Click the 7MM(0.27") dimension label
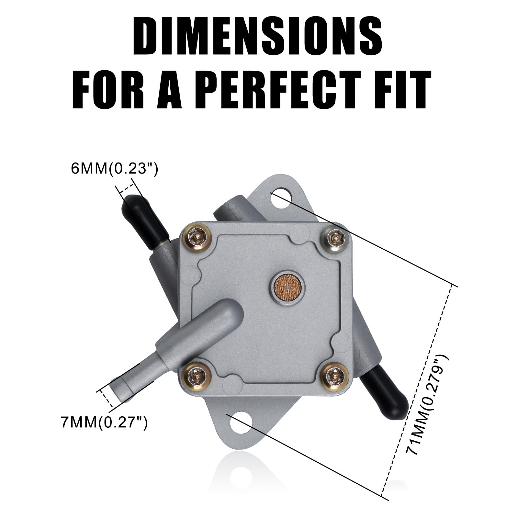tap(104, 422)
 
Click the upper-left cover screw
tap(197, 238)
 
